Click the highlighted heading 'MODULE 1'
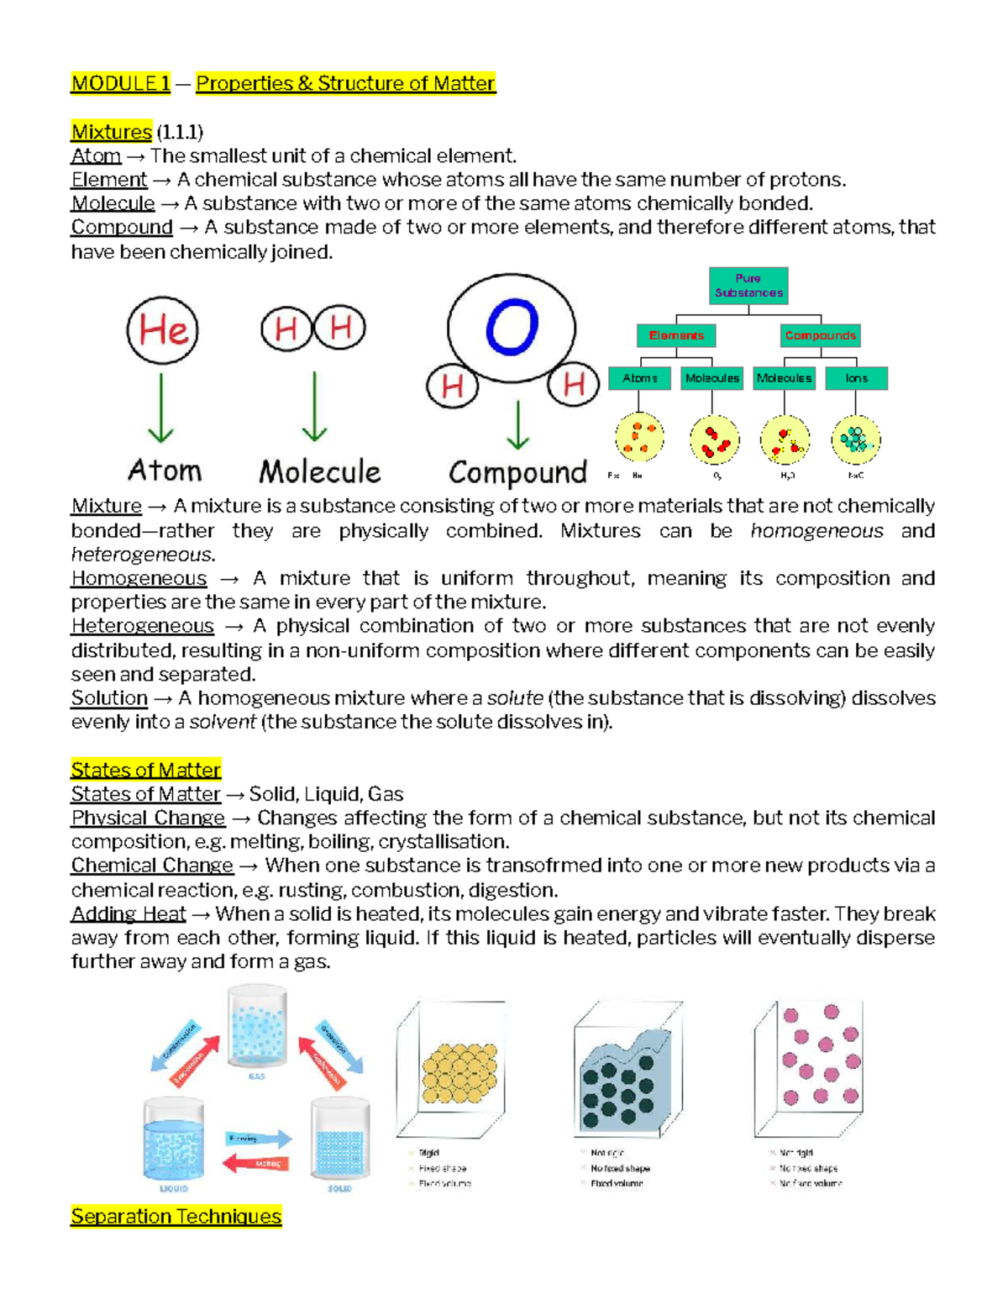coord(120,83)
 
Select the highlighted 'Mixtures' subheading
coord(111,132)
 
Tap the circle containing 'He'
coord(163,330)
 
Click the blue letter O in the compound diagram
coord(512,327)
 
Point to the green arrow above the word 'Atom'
coord(160,408)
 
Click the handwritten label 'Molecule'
coord(319,471)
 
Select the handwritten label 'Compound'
coord(517,473)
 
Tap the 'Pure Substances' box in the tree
coord(748,286)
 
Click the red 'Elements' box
coord(676,335)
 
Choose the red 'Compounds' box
coord(820,335)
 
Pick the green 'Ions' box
coord(856,378)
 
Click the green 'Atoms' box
coord(639,378)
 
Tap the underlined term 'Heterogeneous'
coord(142,626)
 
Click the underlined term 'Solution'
coord(109,698)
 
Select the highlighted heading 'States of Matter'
coord(145,770)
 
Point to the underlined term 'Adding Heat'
coord(128,914)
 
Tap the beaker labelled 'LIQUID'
coord(174,1139)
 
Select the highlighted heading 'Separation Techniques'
coord(176,1216)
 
